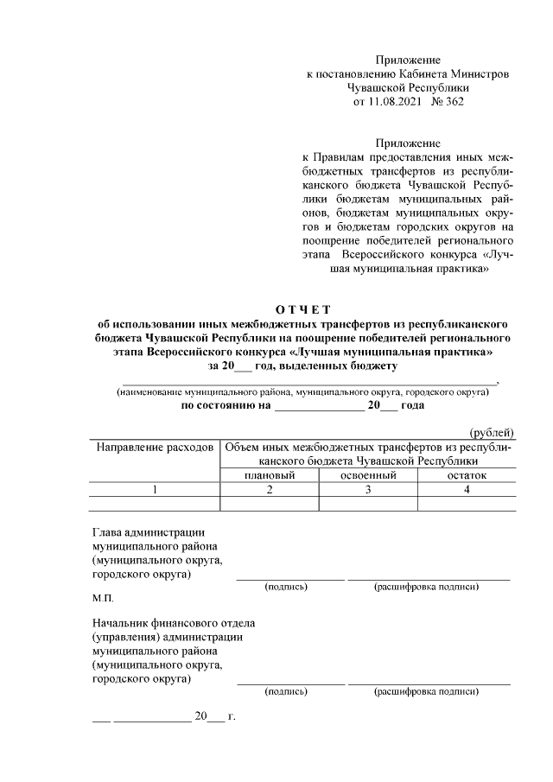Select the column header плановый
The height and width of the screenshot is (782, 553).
[x=270, y=475]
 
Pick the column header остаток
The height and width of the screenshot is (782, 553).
[x=467, y=475]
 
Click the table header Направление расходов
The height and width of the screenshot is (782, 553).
[x=155, y=448]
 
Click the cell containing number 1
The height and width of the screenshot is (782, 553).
[x=155, y=490]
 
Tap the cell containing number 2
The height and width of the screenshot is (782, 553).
[x=270, y=490]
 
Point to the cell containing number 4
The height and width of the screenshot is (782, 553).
[x=467, y=490]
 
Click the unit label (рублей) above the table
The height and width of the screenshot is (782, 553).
[x=492, y=433]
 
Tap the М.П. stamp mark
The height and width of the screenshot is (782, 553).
[x=102, y=597]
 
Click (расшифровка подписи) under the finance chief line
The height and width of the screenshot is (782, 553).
[x=426, y=691]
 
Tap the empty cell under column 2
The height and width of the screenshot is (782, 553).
[x=270, y=503]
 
